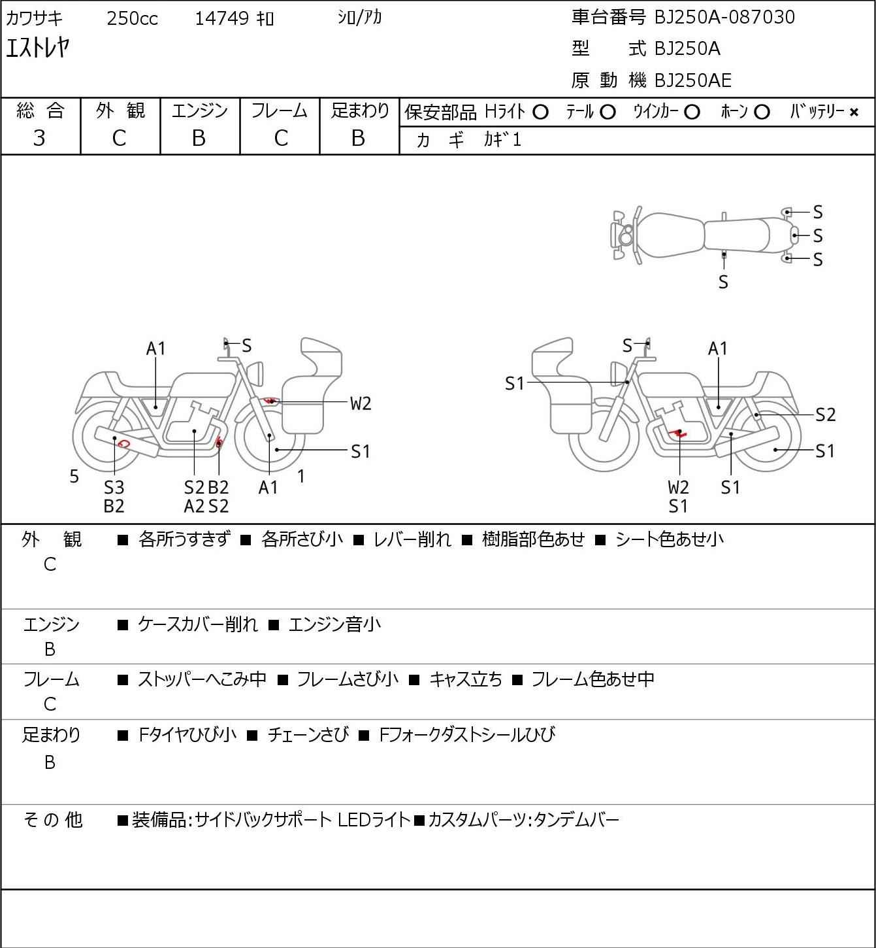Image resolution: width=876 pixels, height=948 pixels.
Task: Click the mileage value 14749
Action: (221, 18)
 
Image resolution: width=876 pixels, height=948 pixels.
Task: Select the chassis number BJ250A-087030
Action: (724, 17)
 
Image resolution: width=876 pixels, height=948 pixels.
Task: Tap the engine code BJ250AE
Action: (693, 80)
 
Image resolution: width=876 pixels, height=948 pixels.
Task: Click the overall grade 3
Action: (39, 139)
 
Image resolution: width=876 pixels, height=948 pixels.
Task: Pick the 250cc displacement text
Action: (132, 18)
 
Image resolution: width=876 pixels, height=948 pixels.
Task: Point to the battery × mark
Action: (854, 112)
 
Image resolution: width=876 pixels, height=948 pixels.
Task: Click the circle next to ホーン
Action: (762, 112)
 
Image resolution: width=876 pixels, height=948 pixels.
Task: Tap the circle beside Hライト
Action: (540, 112)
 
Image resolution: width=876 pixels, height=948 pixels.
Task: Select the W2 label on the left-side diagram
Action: (361, 403)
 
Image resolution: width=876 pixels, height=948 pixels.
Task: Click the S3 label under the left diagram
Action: (114, 487)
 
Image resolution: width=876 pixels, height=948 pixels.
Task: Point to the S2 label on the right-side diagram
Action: (826, 415)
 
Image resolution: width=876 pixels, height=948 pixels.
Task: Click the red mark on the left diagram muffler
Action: (123, 443)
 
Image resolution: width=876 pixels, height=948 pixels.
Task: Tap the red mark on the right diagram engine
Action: (678, 433)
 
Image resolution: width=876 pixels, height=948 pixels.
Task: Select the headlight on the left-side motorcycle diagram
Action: (255, 374)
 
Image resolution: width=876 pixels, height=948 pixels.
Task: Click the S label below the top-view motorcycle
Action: (723, 282)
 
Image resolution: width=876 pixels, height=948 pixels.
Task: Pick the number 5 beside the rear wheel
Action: (74, 476)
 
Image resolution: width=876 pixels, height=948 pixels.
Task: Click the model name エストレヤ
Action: (38, 48)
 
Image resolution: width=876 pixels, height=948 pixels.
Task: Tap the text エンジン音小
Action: (335, 624)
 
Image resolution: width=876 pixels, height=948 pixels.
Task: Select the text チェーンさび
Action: (308, 735)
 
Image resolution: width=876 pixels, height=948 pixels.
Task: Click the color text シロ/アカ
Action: (360, 18)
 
